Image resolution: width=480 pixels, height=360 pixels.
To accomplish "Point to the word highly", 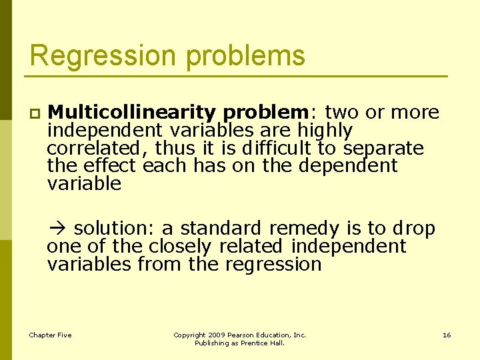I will point(325,130).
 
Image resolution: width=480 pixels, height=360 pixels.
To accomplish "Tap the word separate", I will point(384,148).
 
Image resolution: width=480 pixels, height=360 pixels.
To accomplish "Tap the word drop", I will point(413,229).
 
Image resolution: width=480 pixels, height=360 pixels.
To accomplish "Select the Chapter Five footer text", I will point(50,335).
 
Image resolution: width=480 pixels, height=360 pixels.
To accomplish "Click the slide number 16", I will point(447,335).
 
